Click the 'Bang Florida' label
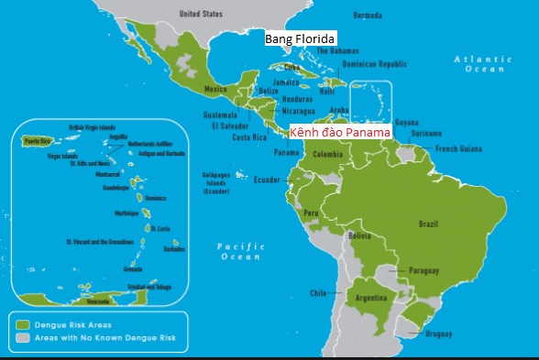(301, 39)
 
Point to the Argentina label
(371, 299)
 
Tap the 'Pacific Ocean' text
(241, 252)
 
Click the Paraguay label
(423, 270)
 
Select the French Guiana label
(457, 148)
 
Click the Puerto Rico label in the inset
(37, 142)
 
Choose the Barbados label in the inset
(172, 248)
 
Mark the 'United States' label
(201, 15)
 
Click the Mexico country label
(214, 89)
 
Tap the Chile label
(318, 293)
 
